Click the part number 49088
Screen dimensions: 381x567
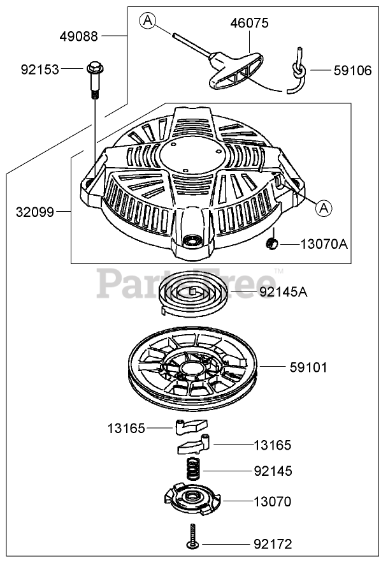[x=79, y=36]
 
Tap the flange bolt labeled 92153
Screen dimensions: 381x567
[x=95, y=80]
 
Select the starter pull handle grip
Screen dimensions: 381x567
[x=236, y=71]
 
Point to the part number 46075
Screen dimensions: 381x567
[x=250, y=23]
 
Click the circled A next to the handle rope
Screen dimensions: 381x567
[x=148, y=20]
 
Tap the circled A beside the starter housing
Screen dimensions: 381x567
[x=324, y=208]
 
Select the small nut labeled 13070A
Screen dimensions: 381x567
[x=271, y=244]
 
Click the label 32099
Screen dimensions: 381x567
[x=34, y=212]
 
